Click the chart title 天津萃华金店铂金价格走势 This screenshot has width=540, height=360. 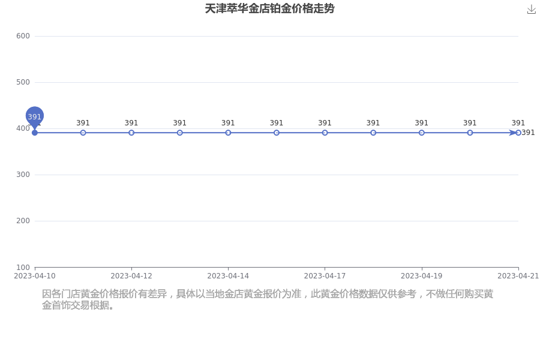click(x=269, y=8)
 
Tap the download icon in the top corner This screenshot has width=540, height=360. click(x=532, y=10)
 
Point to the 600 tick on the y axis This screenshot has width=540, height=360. click(x=23, y=36)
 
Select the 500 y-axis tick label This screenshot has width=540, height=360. click(x=23, y=82)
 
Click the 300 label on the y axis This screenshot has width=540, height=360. click(x=23, y=175)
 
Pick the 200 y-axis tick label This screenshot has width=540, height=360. click(x=23, y=221)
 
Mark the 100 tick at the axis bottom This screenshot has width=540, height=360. click(x=23, y=268)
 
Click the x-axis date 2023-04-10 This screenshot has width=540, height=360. click(x=34, y=276)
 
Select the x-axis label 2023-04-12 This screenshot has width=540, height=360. click(x=131, y=276)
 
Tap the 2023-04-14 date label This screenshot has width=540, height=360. click(x=228, y=276)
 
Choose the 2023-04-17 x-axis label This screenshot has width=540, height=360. click(x=325, y=276)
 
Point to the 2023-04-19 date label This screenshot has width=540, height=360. click(x=422, y=276)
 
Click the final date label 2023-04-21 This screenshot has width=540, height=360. click(x=518, y=276)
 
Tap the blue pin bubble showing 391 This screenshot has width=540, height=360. click(x=34, y=116)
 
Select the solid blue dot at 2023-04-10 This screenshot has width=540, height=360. click(x=34, y=133)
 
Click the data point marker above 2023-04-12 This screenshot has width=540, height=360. click(x=131, y=133)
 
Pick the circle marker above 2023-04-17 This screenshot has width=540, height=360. click(x=325, y=133)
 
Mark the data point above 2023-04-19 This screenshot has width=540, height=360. click(x=422, y=133)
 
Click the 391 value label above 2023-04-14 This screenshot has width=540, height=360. click(x=228, y=123)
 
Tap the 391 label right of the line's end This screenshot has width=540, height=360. click(x=528, y=133)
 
